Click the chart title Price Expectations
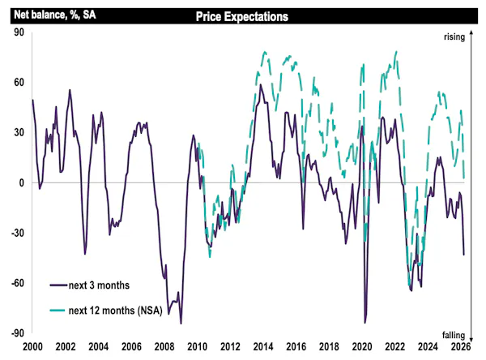point(242,15)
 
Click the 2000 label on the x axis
point(32,347)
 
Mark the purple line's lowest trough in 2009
point(181,324)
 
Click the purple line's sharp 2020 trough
point(365,323)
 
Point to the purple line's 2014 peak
point(260,84)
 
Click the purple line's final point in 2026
point(463,255)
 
